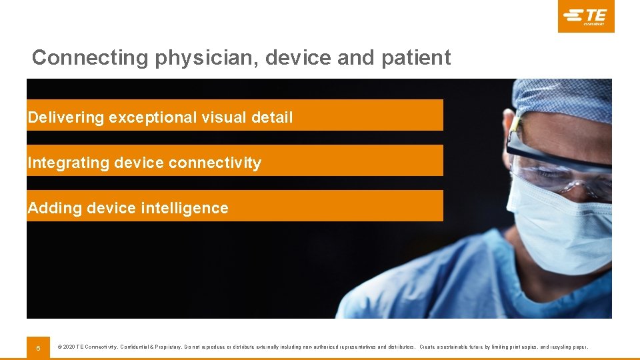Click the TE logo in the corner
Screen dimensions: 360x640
(x=586, y=16)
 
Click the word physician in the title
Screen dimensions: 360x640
(x=207, y=58)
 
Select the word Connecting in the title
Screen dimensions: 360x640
(x=90, y=58)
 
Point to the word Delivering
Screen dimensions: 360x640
(x=66, y=118)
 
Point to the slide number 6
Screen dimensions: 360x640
(x=38, y=348)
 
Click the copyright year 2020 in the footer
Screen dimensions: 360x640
(x=69, y=347)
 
